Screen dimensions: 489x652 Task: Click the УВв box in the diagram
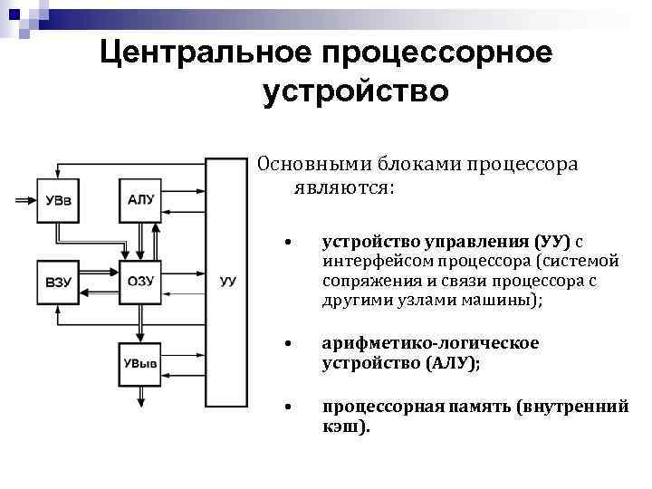56,199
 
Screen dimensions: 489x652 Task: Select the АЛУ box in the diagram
140,199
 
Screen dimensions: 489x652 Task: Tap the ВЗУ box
56,282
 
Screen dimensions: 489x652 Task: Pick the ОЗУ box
140,282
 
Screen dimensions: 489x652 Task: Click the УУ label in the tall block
227,283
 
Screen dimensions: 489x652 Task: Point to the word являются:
343,187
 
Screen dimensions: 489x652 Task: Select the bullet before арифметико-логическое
285,344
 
